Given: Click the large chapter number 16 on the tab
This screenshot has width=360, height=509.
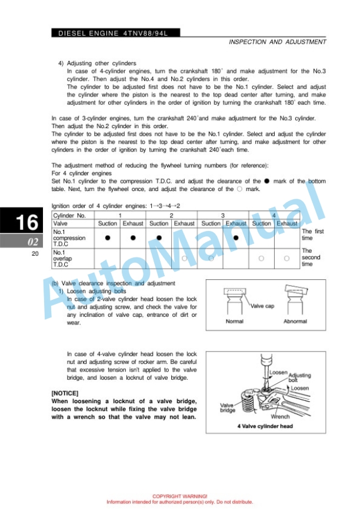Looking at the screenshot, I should click(x=26, y=223).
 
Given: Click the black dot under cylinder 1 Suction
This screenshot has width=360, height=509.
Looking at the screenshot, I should click(x=108, y=237).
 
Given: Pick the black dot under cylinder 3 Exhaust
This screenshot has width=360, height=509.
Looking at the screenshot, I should click(x=236, y=237).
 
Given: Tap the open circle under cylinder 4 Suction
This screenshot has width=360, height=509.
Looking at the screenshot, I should click(x=261, y=258).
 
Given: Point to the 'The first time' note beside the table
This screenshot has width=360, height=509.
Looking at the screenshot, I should click(x=312, y=235).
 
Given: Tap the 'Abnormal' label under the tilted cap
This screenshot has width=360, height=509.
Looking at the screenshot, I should click(x=295, y=322).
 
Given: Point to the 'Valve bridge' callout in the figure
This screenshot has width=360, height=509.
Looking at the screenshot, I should click(x=228, y=408).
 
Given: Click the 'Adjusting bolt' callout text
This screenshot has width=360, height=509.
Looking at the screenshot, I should click(x=299, y=377).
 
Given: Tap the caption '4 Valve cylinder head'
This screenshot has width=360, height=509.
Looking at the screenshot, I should click(x=265, y=426).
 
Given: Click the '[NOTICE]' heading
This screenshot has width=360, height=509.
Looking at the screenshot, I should click(x=65, y=393).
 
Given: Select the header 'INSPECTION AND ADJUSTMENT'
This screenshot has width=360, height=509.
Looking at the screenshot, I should click(x=277, y=42).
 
